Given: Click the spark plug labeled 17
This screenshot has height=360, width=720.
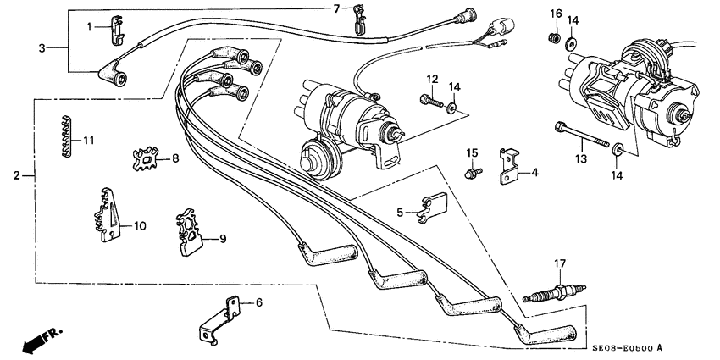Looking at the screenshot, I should pyautogui.click(x=551, y=296).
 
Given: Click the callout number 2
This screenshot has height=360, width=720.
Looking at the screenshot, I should pyautogui.click(x=16, y=176).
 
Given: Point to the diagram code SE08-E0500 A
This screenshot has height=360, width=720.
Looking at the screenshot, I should pyautogui.click(x=623, y=349).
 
